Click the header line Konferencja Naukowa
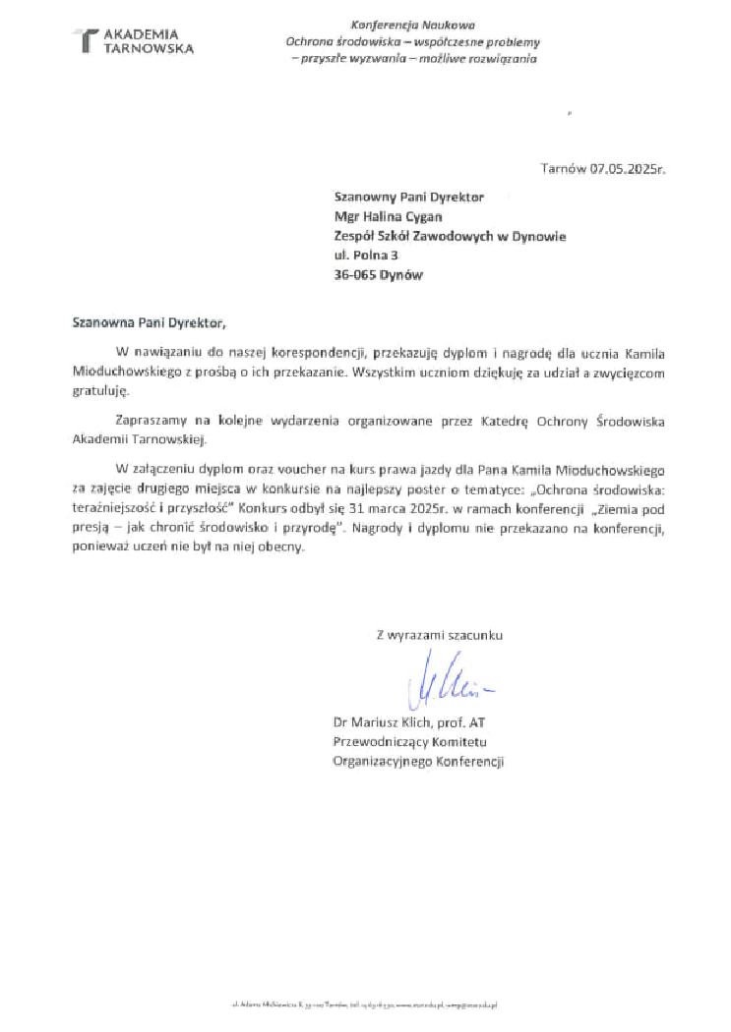point(413,24)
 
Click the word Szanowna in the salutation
point(100,321)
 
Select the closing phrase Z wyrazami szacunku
point(439,635)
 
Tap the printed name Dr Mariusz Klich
point(379,723)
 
